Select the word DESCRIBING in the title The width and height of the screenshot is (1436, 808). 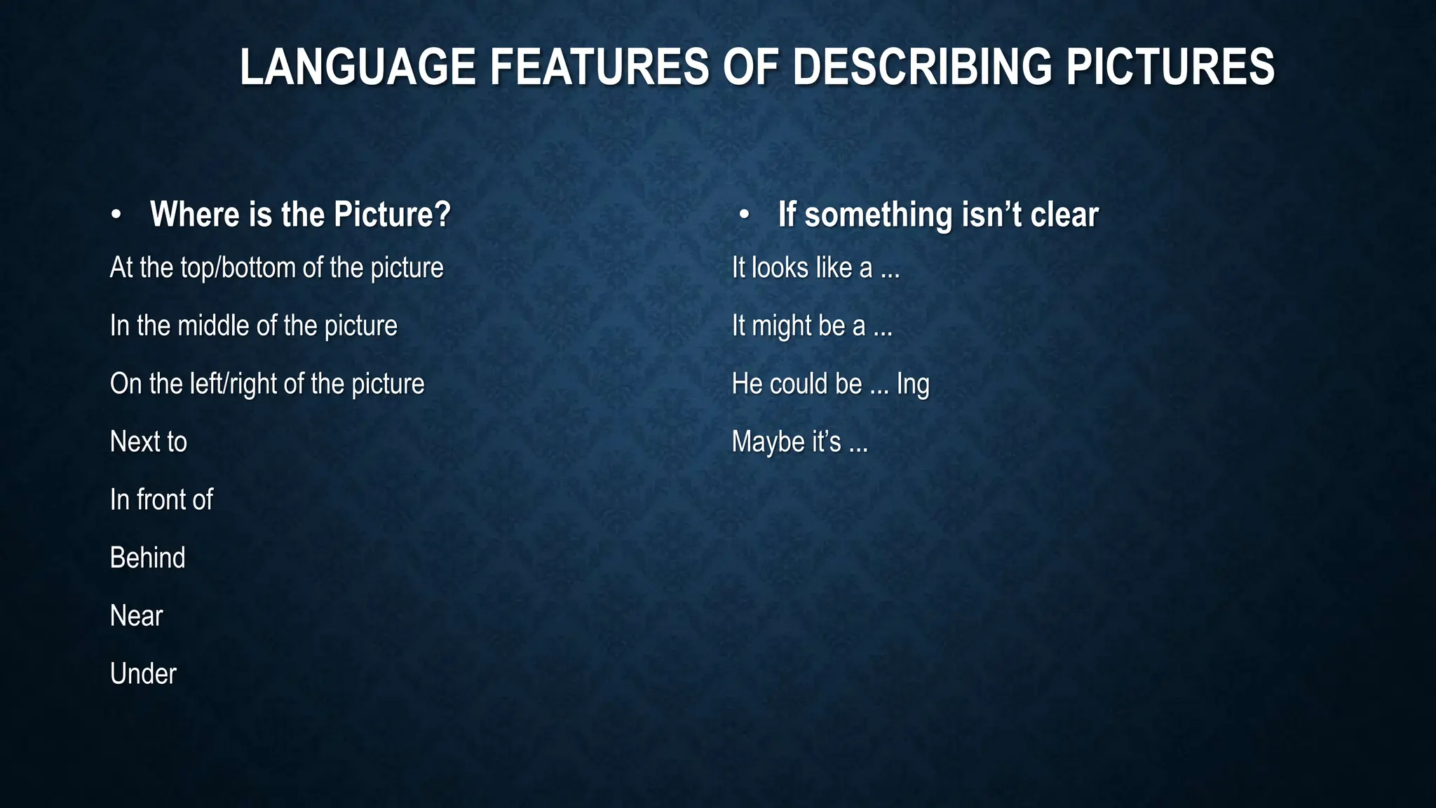(922, 67)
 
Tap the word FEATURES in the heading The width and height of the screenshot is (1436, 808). (599, 67)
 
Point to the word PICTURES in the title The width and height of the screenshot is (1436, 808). (1170, 67)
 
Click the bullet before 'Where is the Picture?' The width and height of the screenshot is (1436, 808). (116, 215)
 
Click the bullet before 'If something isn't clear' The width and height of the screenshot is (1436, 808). (744, 215)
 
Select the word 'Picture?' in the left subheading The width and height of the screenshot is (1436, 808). (392, 215)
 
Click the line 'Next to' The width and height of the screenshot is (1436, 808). (149, 442)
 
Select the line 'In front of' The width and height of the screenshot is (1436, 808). (161, 500)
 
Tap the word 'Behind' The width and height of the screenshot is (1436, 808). (148, 558)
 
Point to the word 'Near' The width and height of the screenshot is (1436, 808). (137, 616)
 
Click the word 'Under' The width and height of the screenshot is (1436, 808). (144, 674)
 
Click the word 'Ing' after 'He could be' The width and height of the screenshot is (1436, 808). (913, 384)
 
